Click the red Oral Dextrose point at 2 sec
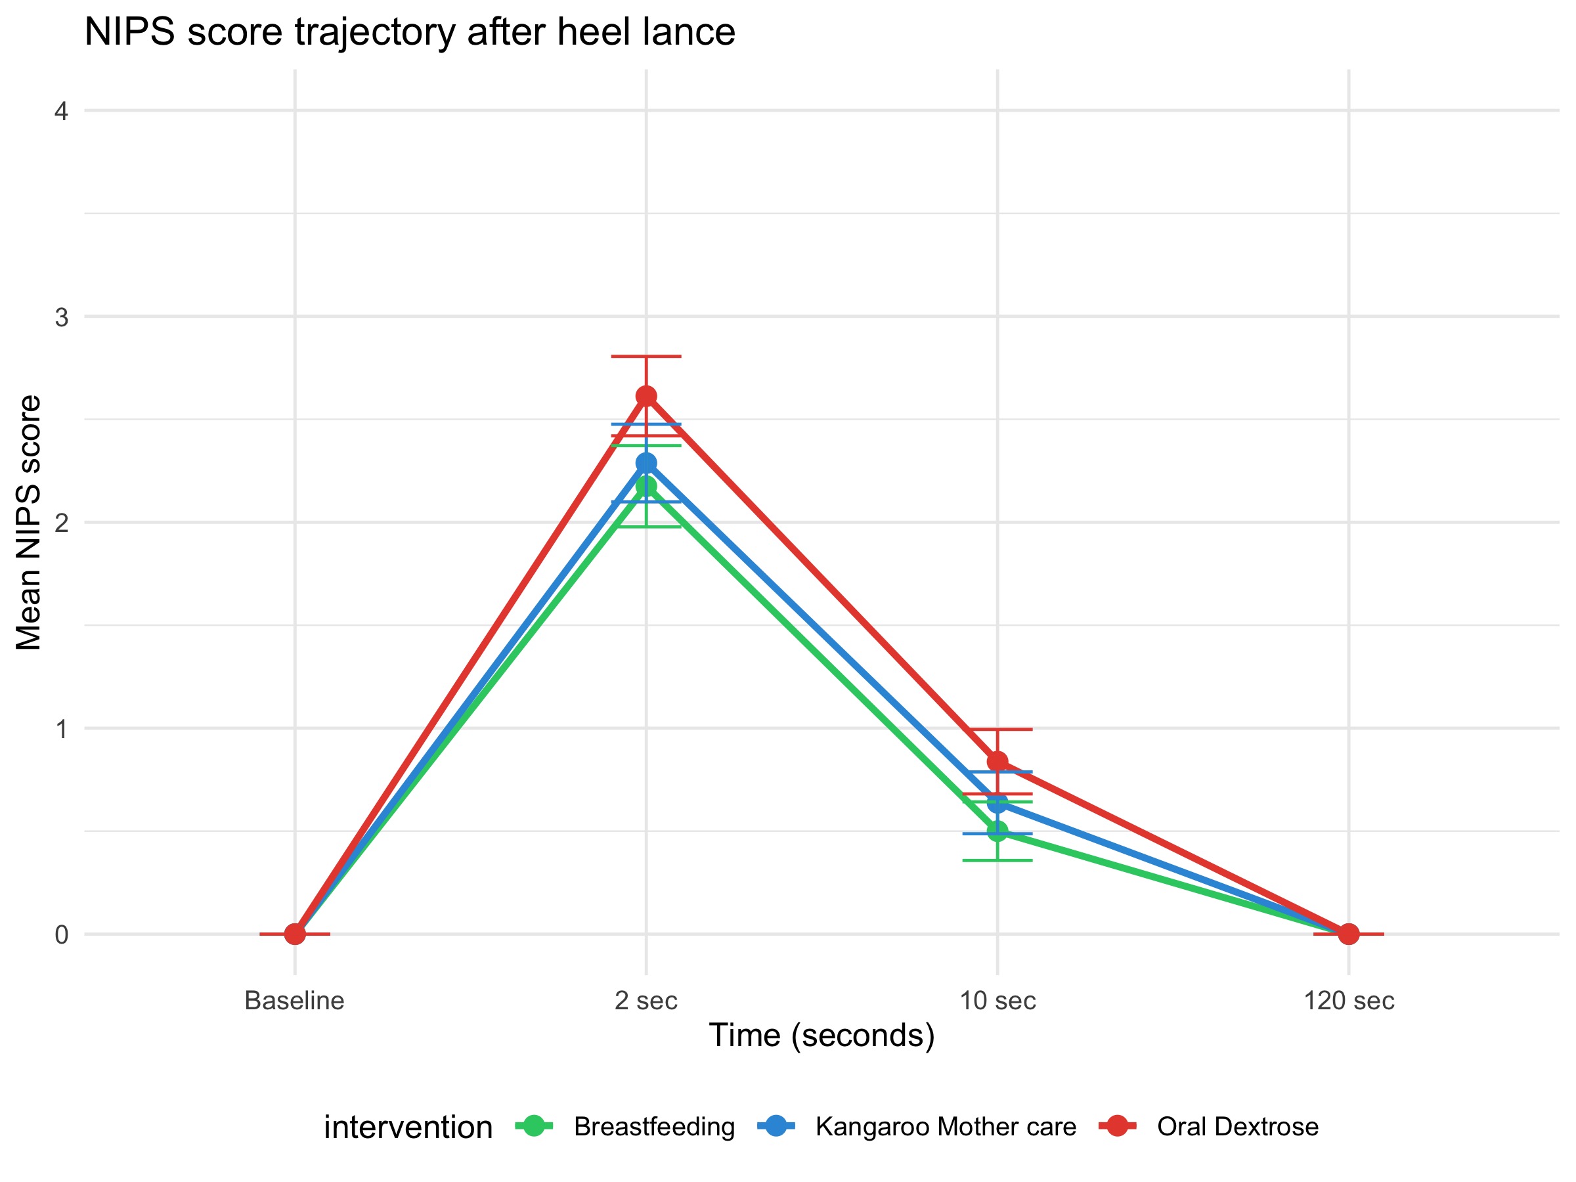646,396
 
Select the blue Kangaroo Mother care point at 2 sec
646,463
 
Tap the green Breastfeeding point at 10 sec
997,831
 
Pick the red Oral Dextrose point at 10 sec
997,762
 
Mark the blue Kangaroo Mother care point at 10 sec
997,803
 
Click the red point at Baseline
295,933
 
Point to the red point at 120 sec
1349,933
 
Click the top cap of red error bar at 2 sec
646,355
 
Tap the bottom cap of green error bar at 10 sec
997,861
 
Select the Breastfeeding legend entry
654,1126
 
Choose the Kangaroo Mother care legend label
946,1126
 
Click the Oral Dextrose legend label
1238,1126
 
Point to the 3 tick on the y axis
62,317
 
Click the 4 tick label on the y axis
62,111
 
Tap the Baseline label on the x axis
294,1001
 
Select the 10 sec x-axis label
997,1001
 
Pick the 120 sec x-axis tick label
1349,1001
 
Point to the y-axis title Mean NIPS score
28,522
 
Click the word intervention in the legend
408,1127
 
